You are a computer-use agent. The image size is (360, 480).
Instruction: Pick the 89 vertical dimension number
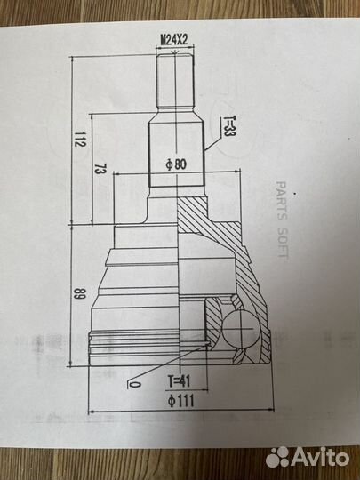pyautogui.click(x=81, y=296)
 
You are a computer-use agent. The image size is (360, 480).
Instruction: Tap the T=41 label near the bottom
pyautogui.click(x=178, y=380)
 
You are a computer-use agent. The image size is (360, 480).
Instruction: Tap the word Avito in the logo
pyautogui.click(x=322, y=456)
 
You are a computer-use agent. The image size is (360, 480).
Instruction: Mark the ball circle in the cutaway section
pyautogui.click(x=239, y=331)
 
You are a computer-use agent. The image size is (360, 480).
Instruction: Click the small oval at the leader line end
pyautogui.click(x=134, y=386)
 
